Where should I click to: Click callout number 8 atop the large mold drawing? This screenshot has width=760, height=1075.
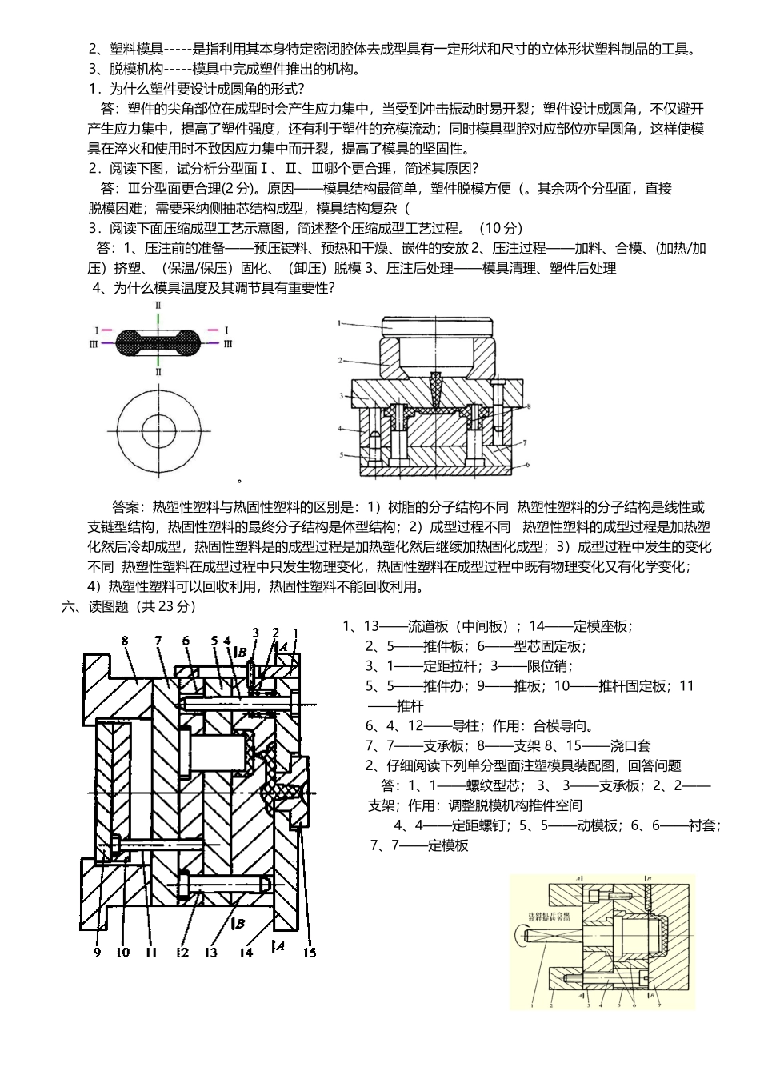click(x=126, y=640)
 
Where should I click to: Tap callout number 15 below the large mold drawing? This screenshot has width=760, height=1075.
click(x=310, y=953)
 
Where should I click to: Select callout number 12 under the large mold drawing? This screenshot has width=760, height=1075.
click(x=182, y=953)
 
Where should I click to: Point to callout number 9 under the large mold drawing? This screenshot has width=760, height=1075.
click(x=97, y=953)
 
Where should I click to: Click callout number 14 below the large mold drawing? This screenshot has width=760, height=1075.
click(x=246, y=953)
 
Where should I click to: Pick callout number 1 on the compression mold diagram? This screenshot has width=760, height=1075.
click(x=339, y=323)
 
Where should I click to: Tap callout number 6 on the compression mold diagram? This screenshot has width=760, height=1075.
click(x=527, y=464)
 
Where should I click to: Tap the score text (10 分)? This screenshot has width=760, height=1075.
click(x=500, y=228)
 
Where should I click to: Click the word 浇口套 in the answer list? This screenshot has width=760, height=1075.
click(x=630, y=746)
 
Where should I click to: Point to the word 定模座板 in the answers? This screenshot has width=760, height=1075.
click(x=604, y=626)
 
